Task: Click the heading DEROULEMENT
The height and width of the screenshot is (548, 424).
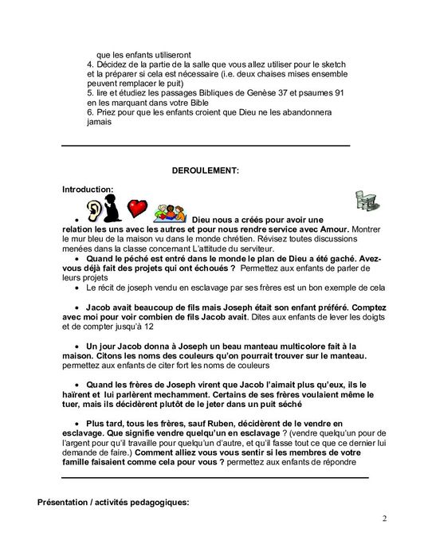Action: [206, 170]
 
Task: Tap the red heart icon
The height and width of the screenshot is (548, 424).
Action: [138, 209]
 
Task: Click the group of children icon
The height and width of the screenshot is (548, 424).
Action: [169, 211]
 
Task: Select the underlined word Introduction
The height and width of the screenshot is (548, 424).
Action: [88, 189]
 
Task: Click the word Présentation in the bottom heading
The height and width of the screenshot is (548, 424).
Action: [68, 502]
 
